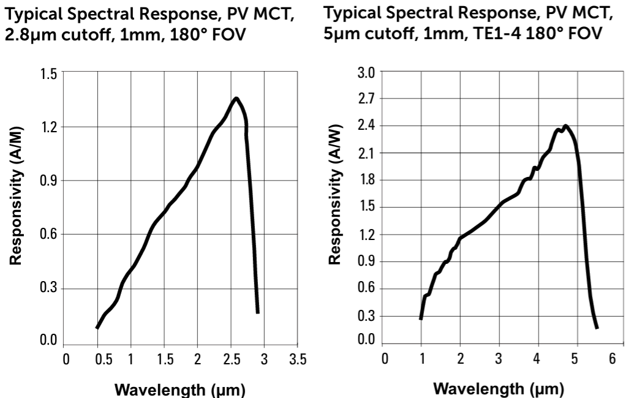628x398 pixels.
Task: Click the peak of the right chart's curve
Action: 566,126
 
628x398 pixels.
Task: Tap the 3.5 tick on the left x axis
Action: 297,358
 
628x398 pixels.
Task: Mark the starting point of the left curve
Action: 97,328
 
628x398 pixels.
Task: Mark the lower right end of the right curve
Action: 596,328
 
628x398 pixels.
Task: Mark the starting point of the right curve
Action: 421,318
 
